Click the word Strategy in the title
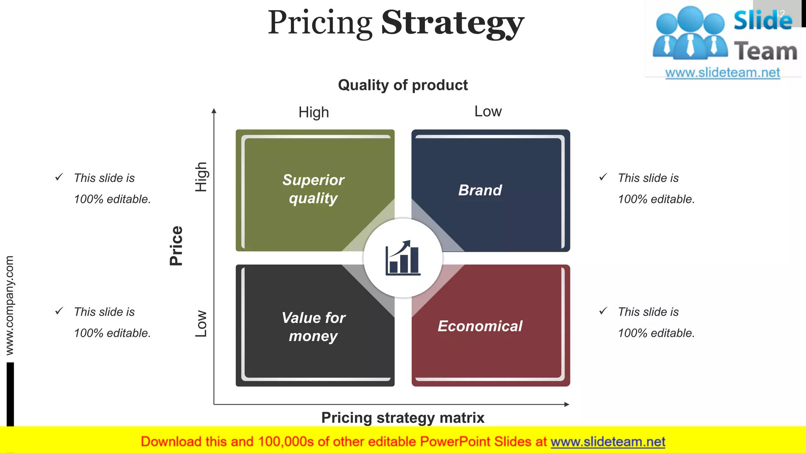pos(453,24)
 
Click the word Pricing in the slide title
pos(320,24)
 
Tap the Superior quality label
pos(313,189)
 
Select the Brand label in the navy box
pos(480,190)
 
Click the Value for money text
pos(313,327)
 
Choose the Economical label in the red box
pos(480,326)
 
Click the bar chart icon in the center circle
pos(403,258)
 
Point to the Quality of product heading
pos(403,85)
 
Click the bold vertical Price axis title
pos(176,246)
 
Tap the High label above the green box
pos(313,112)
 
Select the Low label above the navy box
pos(488,112)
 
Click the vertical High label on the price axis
pos(201,177)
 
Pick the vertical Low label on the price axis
pos(201,323)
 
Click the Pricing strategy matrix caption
pos(403,418)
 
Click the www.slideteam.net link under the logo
pos(723,73)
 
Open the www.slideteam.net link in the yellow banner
pos(608,442)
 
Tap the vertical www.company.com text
pos(9,305)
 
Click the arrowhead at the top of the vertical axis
pos(214,111)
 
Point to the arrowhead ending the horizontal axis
pos(567,404)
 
